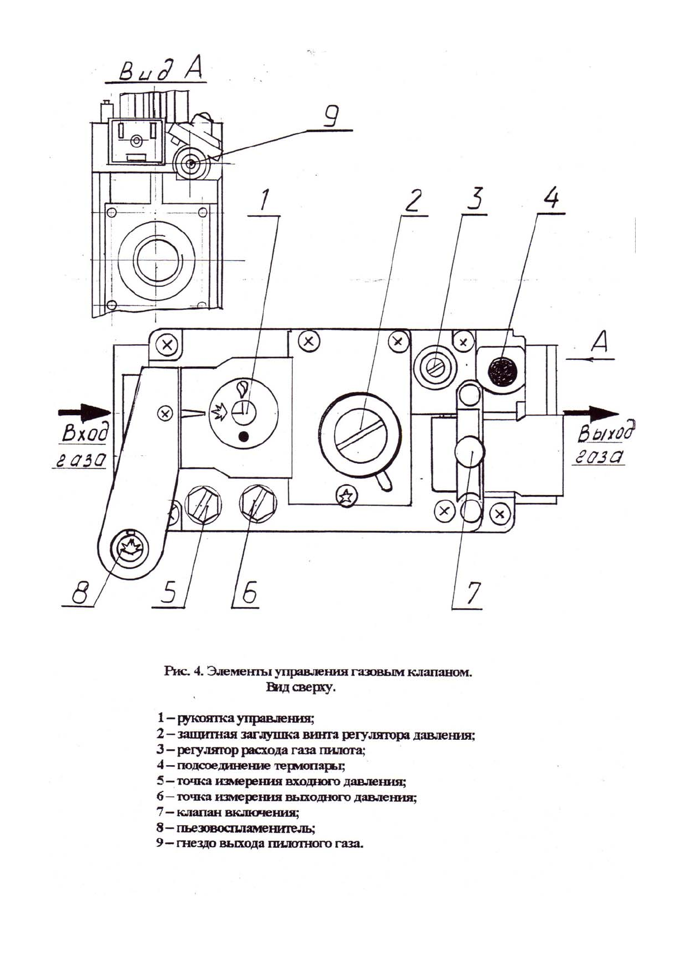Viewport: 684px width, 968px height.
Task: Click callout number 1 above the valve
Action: pyautogui.click(x=264, y=202)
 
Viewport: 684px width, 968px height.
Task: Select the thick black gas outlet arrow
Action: pyautogui.click(x=592, y=413)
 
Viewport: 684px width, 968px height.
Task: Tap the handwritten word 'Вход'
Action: pyautogui.click(x=84, y=435)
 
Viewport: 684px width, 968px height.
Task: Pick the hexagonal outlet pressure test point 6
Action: pyautogui.click(x=257, y=503)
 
